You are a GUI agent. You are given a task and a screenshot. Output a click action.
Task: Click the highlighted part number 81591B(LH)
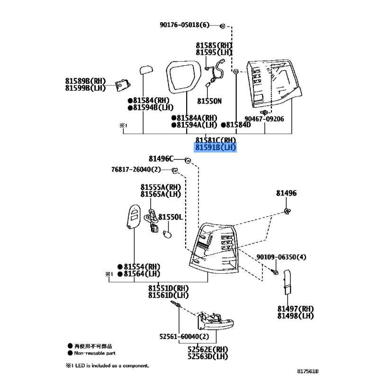[x=216, y=148]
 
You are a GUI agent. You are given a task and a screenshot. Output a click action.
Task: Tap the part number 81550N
[x=209, y=101]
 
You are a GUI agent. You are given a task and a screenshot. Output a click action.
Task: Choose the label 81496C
[x=161, y=159]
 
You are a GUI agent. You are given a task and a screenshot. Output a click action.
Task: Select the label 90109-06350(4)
[x=281, y=257]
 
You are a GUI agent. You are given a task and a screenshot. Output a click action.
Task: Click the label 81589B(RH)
[x=86, y=81]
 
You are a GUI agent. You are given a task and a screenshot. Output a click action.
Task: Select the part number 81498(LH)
[x=296, y=316]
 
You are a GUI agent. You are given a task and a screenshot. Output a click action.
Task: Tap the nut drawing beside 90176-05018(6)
[x=223, y=25]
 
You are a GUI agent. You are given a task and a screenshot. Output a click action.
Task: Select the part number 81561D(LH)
[x=168, y=295]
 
